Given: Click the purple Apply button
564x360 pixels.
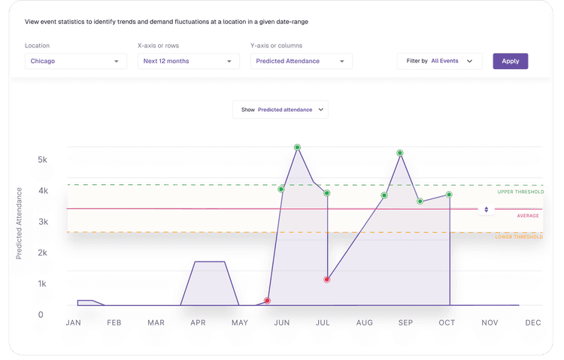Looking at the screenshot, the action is [510, 61].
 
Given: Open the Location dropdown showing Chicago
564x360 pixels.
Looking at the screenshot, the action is [75, 61].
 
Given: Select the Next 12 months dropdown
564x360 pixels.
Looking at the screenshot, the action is [189, 61].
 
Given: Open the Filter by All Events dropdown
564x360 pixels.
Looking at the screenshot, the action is [439, 61].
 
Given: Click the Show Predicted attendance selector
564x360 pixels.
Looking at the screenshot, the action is [280, 110].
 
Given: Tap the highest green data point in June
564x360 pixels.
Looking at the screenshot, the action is [297, 147].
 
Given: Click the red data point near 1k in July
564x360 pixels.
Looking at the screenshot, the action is [326, 280].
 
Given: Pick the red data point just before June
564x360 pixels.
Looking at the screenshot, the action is [267, 301].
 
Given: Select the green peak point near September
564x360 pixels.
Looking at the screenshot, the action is [399, 153].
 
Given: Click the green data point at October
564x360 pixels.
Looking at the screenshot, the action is [449, 195].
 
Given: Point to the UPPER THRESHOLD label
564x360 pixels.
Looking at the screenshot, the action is [520, 192].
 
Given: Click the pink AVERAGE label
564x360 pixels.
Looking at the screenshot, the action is [528, 216].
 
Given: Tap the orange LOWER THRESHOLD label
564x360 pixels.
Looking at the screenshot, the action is [519, 237].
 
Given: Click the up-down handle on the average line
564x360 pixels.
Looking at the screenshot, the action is [486, 209].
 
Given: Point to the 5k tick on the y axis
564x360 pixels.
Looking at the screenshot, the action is [42, 159].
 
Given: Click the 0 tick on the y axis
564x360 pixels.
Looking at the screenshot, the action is [41, 315].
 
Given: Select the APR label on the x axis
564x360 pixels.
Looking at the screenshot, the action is [198, 322].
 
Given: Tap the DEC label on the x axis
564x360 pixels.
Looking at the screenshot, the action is [532, 322].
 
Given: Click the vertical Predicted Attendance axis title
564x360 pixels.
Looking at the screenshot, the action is [19, 223].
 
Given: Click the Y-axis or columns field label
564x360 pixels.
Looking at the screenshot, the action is [276, 46].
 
